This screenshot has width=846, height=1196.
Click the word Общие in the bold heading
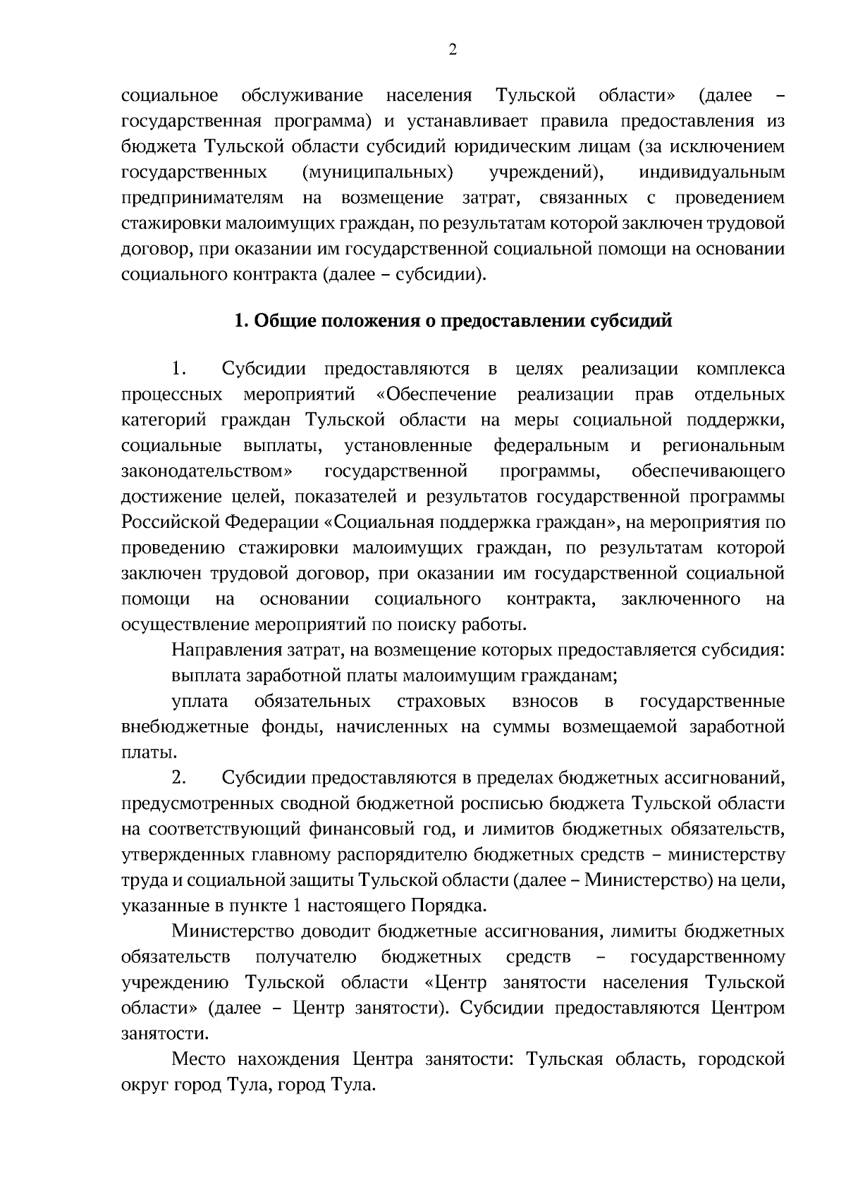pyautogui.click(x=279, y=321)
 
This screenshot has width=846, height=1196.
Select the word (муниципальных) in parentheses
pyautogui.click(x=377, y=172)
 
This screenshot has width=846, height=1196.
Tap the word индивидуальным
pyautogui.click(x=711, y=172)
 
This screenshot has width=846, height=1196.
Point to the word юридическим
pyautogui.click(x=513, y=147)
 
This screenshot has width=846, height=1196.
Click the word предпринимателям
pyautogui.click(x=202, y=197)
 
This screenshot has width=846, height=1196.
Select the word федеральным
pyautogui.click(x=551, y=445)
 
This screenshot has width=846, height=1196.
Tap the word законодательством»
pyautogui.click(x=208, y=471)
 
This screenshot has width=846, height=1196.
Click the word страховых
pyautogui.click(x=441, y=701)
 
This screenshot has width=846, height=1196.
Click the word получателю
pyautogui.click(x=305, y=957)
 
